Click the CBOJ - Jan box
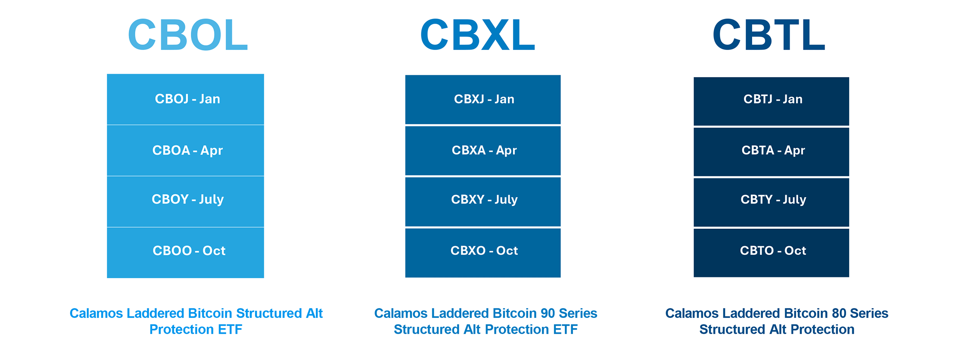(186, 99)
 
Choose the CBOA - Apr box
(186, 150)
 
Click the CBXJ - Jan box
(483, 99)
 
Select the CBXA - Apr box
(483, 151)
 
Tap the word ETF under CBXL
(565, 329)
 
